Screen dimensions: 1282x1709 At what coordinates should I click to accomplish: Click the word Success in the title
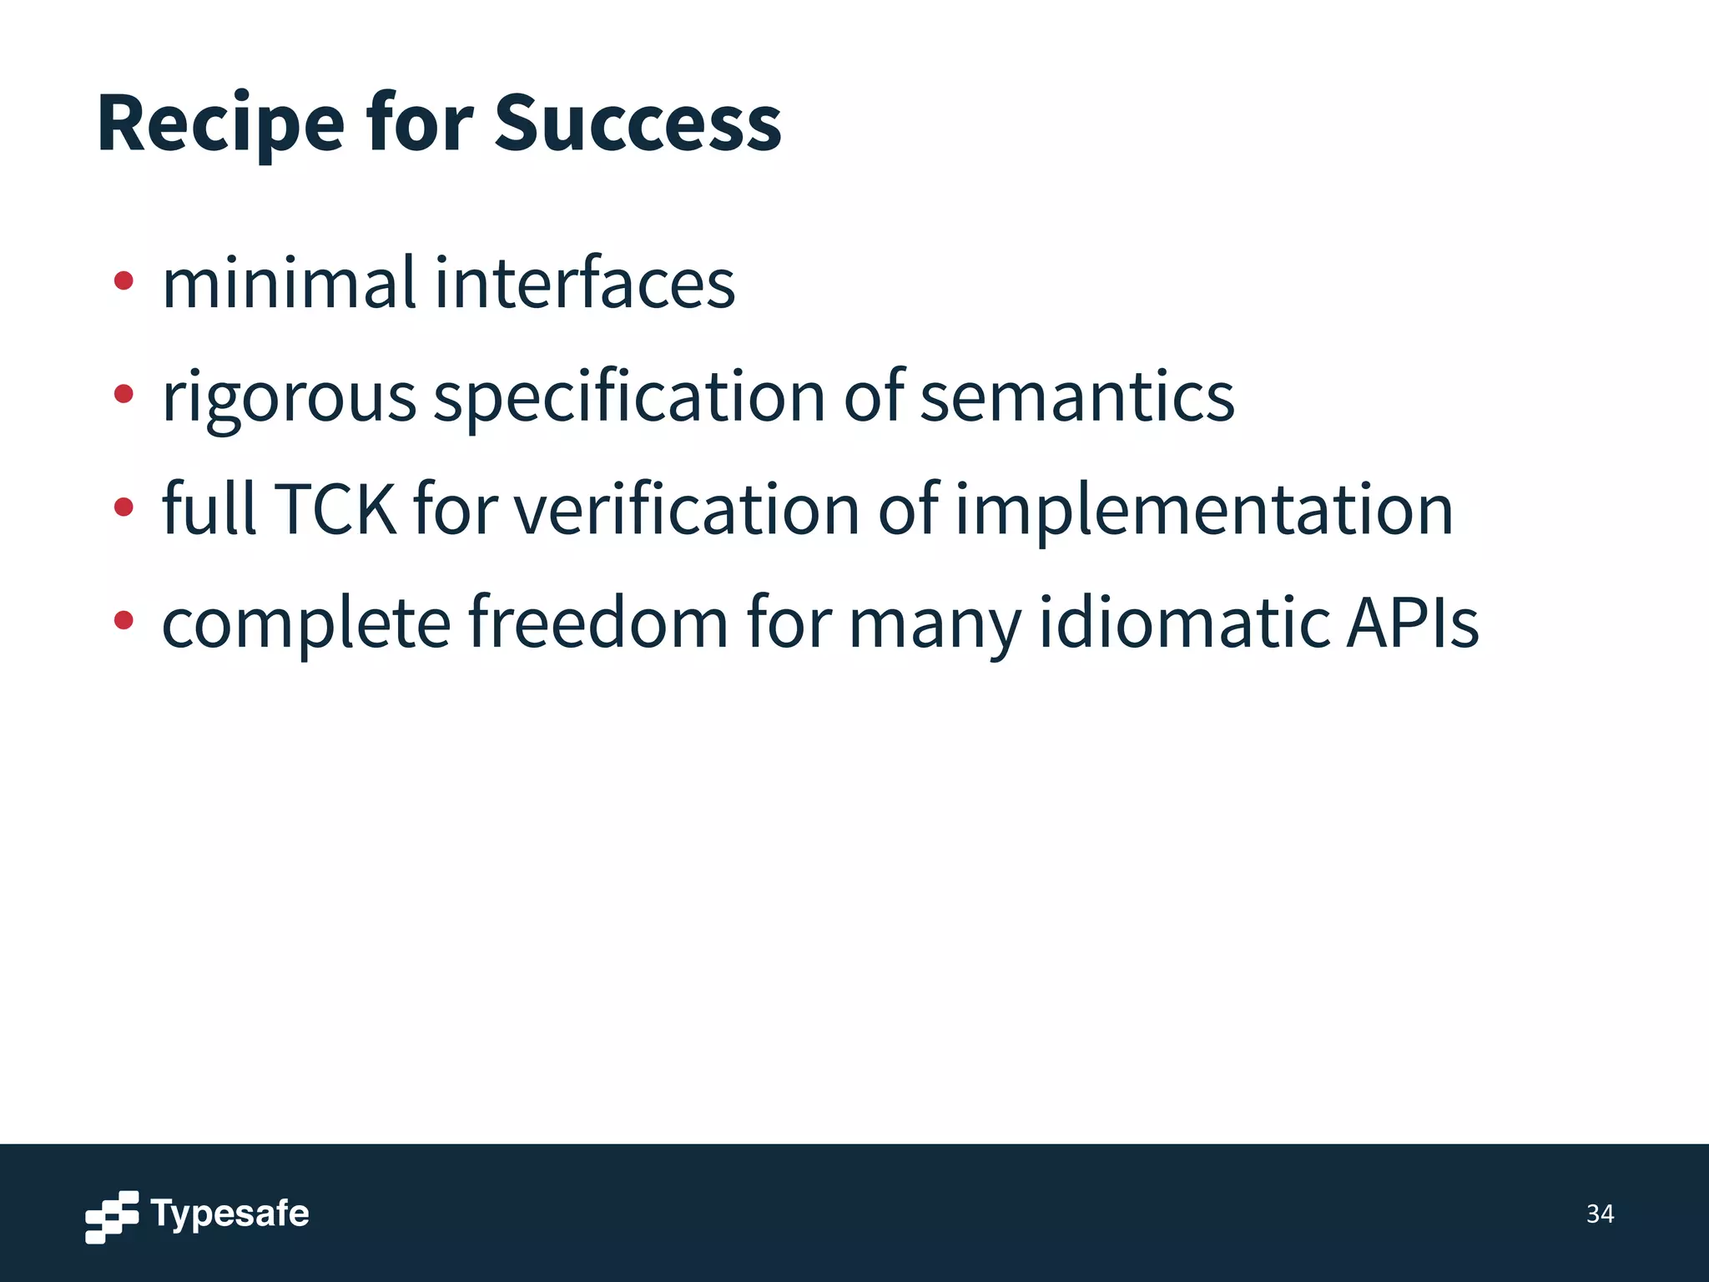[x=638, y=124]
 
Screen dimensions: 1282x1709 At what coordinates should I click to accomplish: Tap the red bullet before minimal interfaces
[x=124, y=281]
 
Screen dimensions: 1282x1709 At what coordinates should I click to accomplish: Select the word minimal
[x=289, y=284]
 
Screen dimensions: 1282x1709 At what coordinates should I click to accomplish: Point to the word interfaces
[x=585, y=284]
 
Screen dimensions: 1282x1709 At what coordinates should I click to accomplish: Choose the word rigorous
[x=289, y=399]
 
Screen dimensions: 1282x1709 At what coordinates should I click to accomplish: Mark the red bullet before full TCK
[x=124, y=506]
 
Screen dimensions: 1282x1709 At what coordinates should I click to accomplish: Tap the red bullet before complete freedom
[x=124, y=619]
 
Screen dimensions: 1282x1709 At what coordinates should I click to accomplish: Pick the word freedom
[x=598, y=623]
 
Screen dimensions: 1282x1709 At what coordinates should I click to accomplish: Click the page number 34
[x=1600, y=1214]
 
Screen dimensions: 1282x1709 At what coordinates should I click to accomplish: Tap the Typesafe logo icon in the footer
[x=112, y=1216]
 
